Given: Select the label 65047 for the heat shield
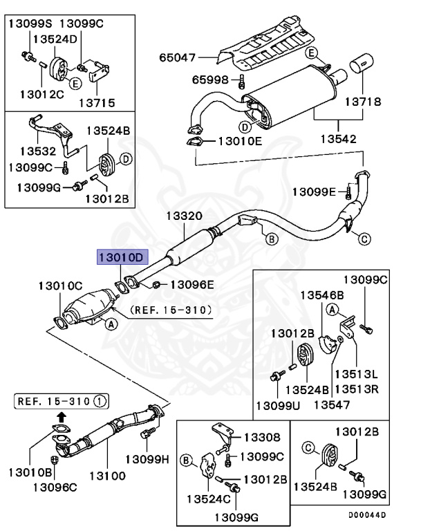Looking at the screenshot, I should pyautogui.click(x=178, y=57).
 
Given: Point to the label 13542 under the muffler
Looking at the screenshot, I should pyautogui.click(x=339, y=138).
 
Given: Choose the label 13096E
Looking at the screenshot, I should pyautogui.click(x=192, y=283).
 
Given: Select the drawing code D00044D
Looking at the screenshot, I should pyautogui.click(x=387, y=515).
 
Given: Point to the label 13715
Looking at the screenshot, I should pyautogui.click(x=97, y=102).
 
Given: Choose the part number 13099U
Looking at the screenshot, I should pyautogui.click(x=277, y=404).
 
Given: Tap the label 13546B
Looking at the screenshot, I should pyautogui.click(x=318, y=295).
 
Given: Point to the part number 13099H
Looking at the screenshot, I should pyautogui.click(x=147, y=458).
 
